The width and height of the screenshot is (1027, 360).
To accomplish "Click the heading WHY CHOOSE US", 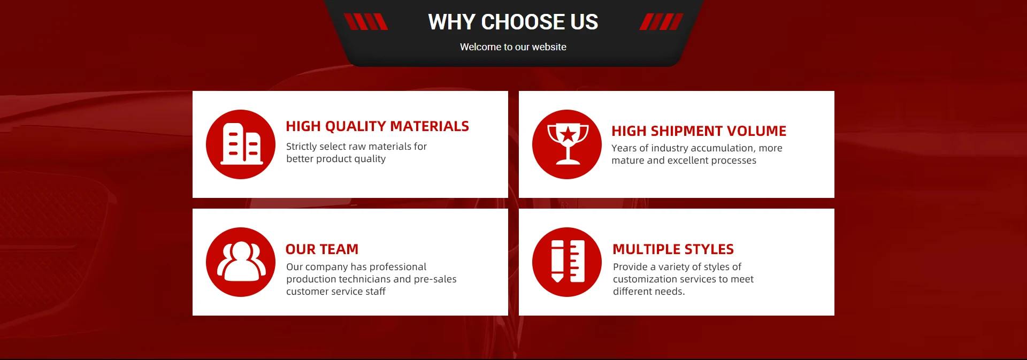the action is click(x=513, y=22).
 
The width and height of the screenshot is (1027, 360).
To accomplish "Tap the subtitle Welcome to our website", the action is click(x=513, y=47).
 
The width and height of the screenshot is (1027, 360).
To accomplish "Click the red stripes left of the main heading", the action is click(x=366, y=22).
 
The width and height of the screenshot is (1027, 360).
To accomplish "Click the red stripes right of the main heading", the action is click(x=662, y=22).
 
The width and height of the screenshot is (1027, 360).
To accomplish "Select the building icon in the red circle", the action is click(x=242, y=143).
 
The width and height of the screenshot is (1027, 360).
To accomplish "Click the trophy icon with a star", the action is click(x=568, y=143).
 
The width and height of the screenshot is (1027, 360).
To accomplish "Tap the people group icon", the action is click(x=241, y=261).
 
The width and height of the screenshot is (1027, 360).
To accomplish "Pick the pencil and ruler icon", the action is click(x=568, y=261).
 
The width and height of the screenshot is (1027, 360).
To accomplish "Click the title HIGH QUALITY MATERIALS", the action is click(x=377, y=126).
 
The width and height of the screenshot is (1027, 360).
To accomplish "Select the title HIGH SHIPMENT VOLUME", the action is click(x=699, y=131).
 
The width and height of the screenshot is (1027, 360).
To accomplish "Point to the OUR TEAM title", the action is click(x=322, y=249).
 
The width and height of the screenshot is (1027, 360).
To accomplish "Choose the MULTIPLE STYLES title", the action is click(x=673, y=249).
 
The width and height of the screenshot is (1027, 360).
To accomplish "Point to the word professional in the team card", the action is click(x=398, y=267).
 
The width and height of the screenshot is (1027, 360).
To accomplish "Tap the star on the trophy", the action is click(x=568, y=134).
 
